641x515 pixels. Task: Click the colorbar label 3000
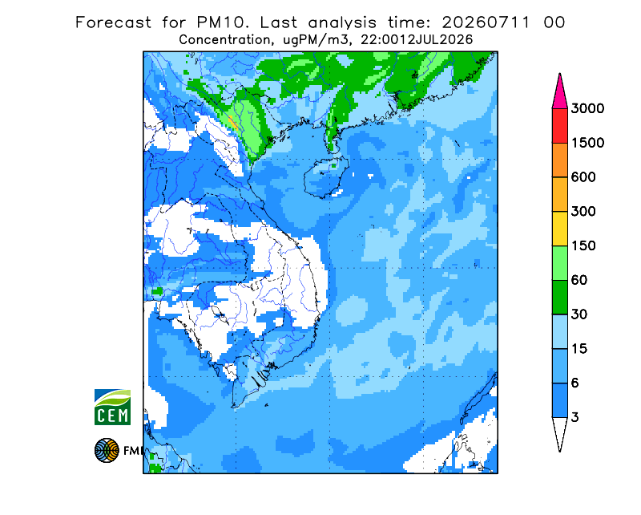pyautogui.click(x=587, y=108)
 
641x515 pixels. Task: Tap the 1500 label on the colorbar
pyautogui.click(x=587, y=143)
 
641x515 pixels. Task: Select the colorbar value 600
pyautogui.click(x=583, y=177)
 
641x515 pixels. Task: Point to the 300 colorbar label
pyautogui.click(x=583, y=212)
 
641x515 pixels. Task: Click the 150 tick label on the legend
pyautogui.click(x=583, y=246)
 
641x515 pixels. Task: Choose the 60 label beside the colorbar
pyautogui.click(x=579, y=281)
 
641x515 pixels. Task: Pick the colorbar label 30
pyautogui.click(x=579, y=314)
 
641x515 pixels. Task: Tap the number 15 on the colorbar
pyautogui.click(x=579, y=349)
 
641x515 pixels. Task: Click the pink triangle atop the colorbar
pyautogui.click(x=559, y=94)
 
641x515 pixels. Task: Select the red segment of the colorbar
pyautogui.click(x=559, y=126)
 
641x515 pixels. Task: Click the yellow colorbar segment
pyautogui.click(x=559, y=229)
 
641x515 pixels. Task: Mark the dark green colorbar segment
pyautogui.click(x=559, y=298)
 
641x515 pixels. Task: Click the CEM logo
pyautogui.click(x=112, y=407)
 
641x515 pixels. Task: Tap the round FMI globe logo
pyautogui.click(x=107, y=450)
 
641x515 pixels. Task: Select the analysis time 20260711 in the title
pyautogui.click(x=486, y=22)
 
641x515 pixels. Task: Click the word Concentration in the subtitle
pyautogui.click(x=224, y=40)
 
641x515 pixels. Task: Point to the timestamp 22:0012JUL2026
pyautogui.click(x=417, y=40)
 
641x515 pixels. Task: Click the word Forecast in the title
pyautogui.click(x=113, y=22)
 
